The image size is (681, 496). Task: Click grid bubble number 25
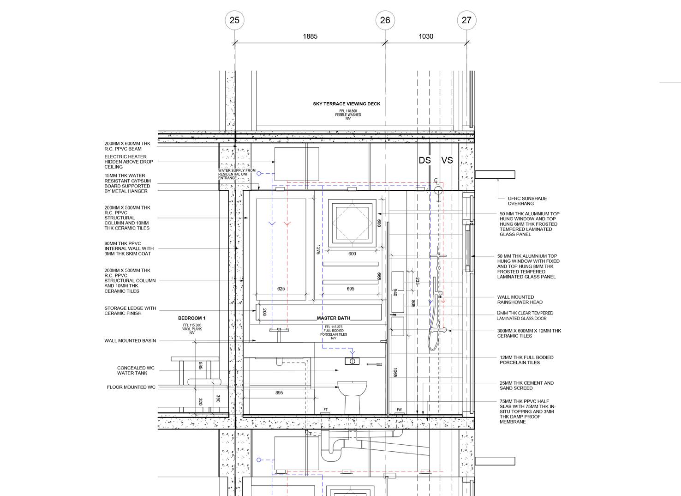coord(234,20)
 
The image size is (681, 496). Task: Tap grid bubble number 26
coord(385,20)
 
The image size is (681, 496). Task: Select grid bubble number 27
coord(466,20)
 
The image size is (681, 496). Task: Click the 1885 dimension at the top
coord(310,36)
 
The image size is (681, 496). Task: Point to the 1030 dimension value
coord(426,36)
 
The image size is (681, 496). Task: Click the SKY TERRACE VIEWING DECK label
coord(346,104)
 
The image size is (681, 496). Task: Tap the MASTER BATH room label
coord(334,318)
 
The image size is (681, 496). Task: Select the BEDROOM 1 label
coord(192,318)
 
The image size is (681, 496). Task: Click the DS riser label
coord(425,160)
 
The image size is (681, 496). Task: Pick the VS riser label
coord(447,160)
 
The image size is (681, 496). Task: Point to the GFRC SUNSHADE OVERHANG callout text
coord(527,201)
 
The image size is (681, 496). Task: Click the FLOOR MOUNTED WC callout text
coord(131,387)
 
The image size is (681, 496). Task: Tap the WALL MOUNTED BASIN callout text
coord(130,341)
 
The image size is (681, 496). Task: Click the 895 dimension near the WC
coord(279,393)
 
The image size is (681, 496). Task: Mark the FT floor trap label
coord(326,410)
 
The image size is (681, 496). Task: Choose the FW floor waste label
coord(399,410)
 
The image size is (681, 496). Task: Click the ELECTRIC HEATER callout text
coord(129,162)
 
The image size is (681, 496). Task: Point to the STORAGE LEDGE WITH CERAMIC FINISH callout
coord(130,311)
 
